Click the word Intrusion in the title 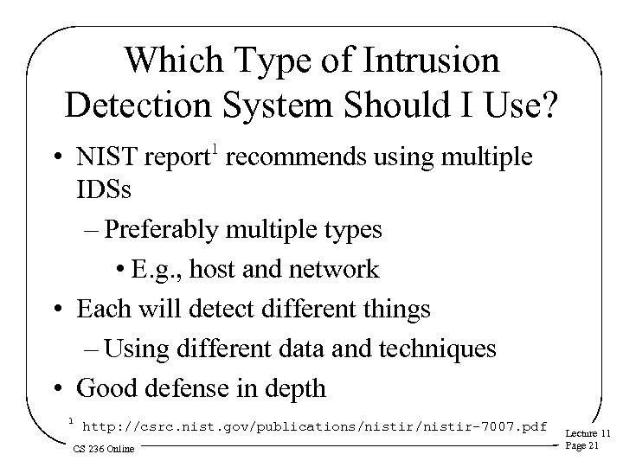click(430, 62)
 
